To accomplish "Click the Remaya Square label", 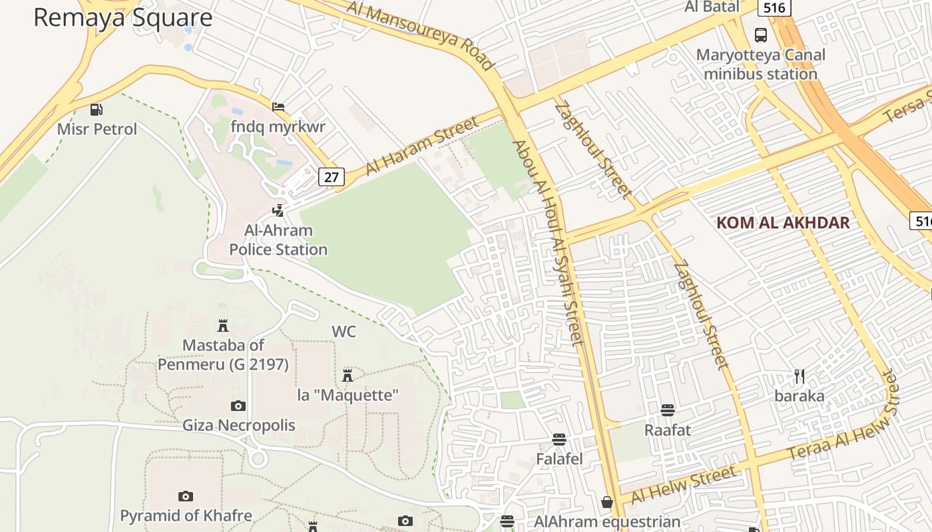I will pos(122,17).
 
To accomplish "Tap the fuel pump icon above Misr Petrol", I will pos(97,110).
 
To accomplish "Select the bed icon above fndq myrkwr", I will pos(278,106).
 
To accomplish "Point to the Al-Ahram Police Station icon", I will pos(278,211).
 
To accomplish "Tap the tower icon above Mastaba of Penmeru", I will pos(223,326).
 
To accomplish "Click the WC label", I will pos(344,331).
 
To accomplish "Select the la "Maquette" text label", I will pos(348,395).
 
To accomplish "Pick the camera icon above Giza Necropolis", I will pos(238,406).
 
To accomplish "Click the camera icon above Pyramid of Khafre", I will pos(186,496).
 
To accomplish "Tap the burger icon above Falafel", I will pos(559,439).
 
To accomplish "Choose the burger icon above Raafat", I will pos(668,410).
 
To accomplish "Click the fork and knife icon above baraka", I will pos(800,376).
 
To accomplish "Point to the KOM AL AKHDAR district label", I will pos(783,223).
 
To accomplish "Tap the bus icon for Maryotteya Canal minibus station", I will pos(760,35).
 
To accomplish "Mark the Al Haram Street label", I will pos(422,146).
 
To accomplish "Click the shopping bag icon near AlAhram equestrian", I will pos(606,502).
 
